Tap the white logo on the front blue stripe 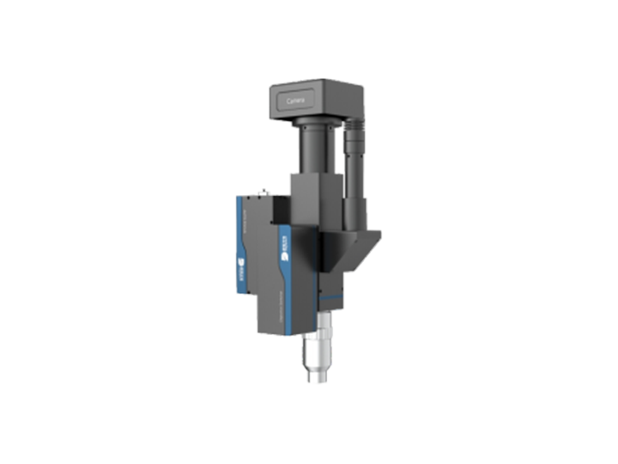287,253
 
